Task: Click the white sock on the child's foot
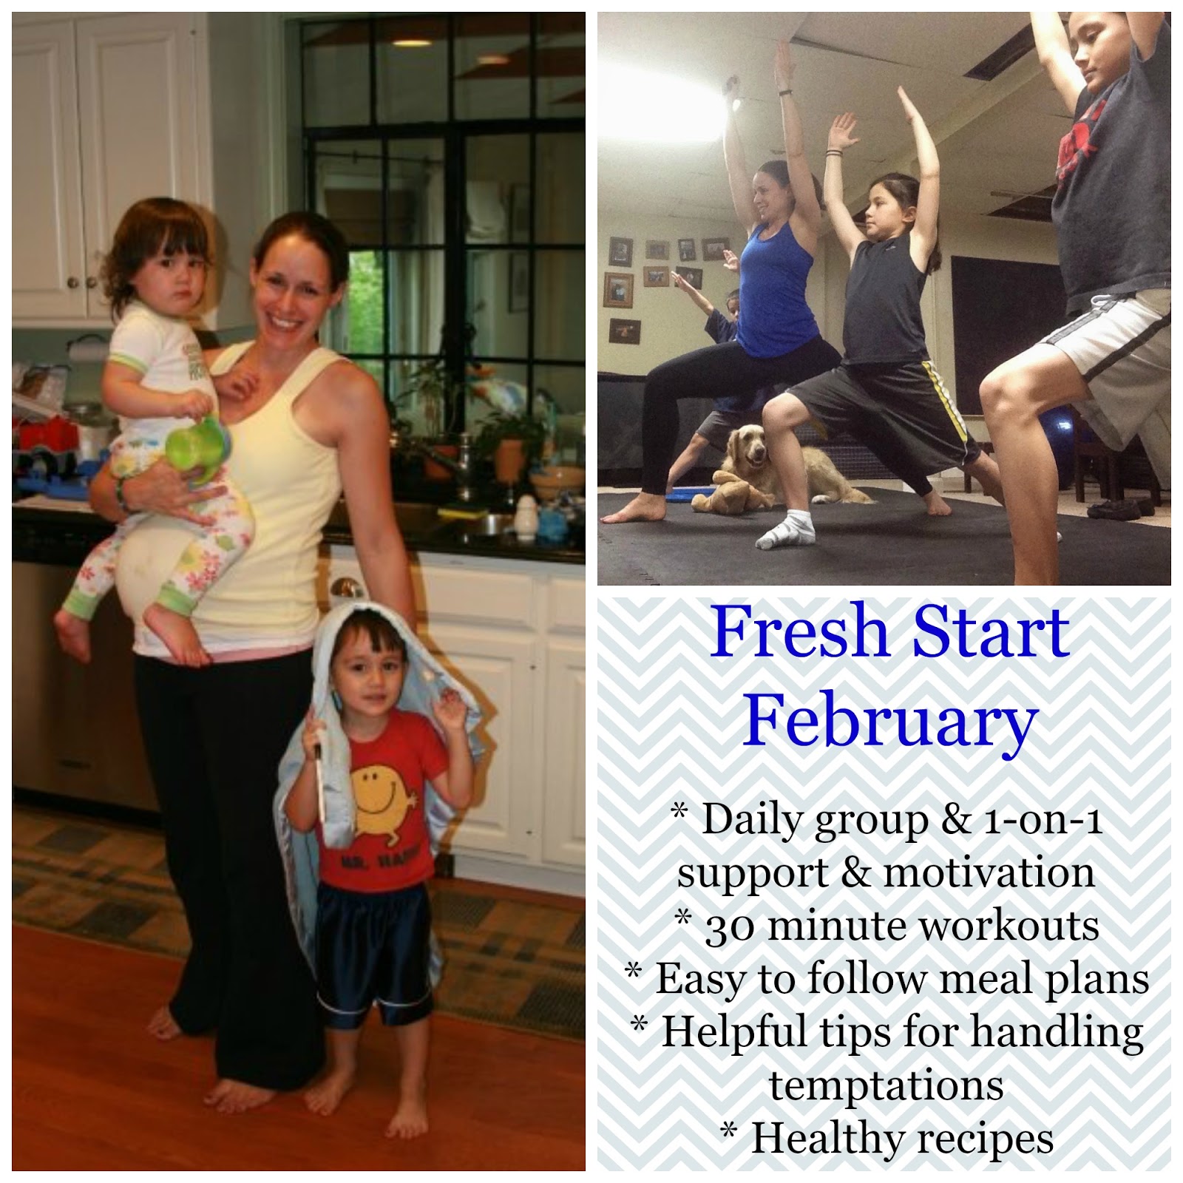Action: click(790, 529)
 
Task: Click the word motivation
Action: click(989, 873)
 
